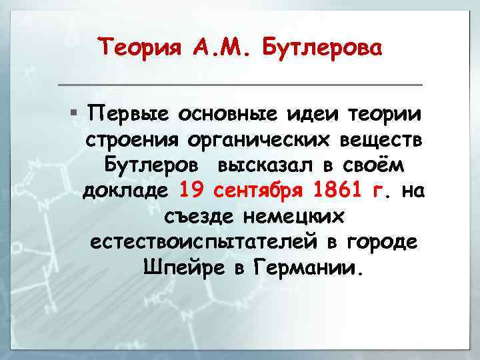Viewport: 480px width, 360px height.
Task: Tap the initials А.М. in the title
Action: click(214, 48)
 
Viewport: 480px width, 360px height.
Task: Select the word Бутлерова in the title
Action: click(323, 48)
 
